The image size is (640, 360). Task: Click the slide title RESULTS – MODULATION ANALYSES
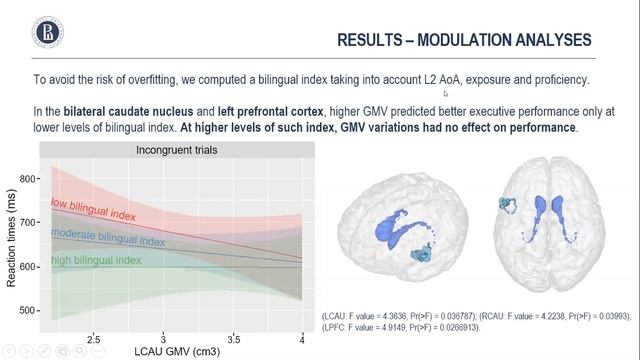click(x=463, y=40)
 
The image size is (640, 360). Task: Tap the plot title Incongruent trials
click(x=176, y=150)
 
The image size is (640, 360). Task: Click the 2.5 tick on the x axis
click(x=93, y=340)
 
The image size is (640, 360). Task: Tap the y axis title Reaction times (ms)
click(x=11, y=244)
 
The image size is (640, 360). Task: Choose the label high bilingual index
click(x=97, y=261)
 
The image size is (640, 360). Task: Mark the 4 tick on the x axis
click(x=302, y=340)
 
